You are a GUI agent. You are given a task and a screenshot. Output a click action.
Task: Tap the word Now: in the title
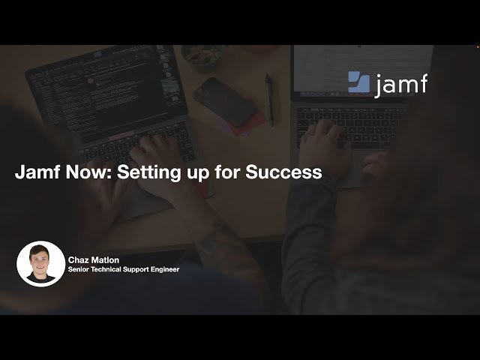[88, 172]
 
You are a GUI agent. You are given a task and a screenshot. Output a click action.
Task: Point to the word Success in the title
[288, 172]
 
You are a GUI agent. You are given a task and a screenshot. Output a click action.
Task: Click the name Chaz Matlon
[94, 260]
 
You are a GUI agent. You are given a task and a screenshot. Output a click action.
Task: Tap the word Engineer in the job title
[163, 269]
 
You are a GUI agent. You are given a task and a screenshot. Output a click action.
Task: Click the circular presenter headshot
[40, 264]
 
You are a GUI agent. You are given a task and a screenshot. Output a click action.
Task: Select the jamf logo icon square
[358, 82]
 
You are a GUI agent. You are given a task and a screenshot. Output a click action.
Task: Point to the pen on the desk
[268, 99]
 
